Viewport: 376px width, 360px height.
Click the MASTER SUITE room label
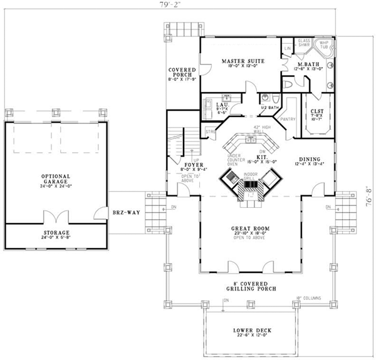point(243,61)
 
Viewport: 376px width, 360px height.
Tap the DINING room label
point(311,158)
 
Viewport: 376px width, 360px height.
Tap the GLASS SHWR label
point(304,43)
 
